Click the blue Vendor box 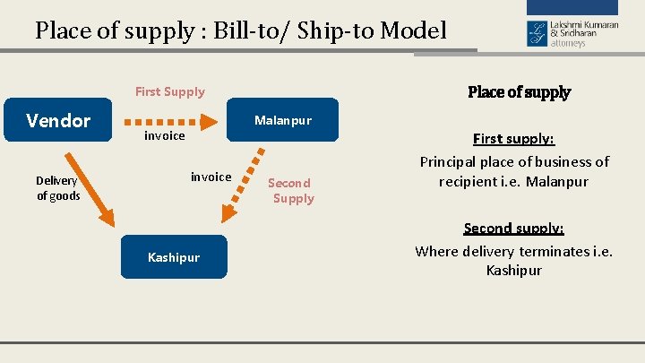[58, 120]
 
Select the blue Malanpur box [282, 120]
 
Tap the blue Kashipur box [174, 257]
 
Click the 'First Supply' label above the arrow [169, 91]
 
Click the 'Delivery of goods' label [58, 188]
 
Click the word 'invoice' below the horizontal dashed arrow [165, 135]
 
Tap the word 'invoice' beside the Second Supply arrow [211, 177]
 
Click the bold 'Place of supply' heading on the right [519, 92]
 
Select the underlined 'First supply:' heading [513, 139]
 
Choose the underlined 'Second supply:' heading [513, 229]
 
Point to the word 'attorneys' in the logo [568, 42]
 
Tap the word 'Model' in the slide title [413, 31]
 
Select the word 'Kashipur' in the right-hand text [513, 270]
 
